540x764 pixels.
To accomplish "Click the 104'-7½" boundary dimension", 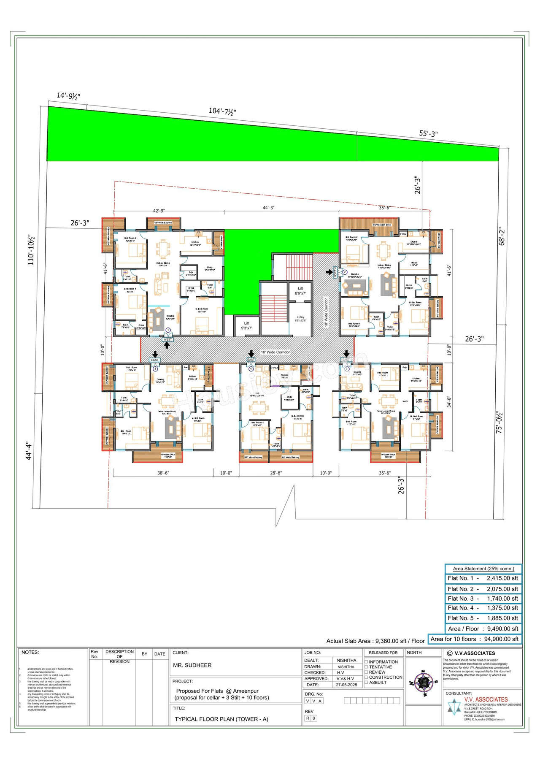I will pyautogui.click(x=222, y=111).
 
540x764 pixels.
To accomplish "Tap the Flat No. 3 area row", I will pyautogui.click(x=483, y=599).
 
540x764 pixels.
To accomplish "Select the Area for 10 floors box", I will pyautogui.click(x=475, y=639).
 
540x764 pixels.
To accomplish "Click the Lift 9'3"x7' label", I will pyautogui.click(x=246, y=325).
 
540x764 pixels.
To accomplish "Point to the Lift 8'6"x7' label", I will pyautogui.click(x=300, y=291).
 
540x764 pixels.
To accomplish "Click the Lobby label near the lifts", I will pyautogui.click(x=300, y=319).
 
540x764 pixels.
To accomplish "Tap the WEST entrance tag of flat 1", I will pyautogui.click(x=167, y=339).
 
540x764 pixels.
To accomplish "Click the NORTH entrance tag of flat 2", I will pyautogui.click(x=335, y=272).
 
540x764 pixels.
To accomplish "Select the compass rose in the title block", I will pyautogui.click(x=424, y=681).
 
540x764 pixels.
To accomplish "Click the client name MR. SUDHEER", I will pyautogui.click(x=192, y=665).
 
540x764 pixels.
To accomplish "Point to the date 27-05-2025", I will pyautogui.click(x=346, y=685).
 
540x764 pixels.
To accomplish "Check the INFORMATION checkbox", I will pyautogui.click(x=367, y=662).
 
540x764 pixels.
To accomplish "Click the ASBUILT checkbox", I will pyautogui.click(x=367, y=682).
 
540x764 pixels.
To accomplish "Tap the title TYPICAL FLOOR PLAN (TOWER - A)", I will pyautogui.click(x=221, y=719).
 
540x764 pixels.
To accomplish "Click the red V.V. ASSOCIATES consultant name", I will pyautogui.click(x=486, y=699).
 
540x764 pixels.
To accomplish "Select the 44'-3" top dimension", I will pyautogui.click(x=268, y=208).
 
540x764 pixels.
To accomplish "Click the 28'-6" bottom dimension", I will pyautogui.click(x=276, y=473).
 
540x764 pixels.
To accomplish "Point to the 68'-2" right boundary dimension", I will pyautogui.click(x=502, y=237).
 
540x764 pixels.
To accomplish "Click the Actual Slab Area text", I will pyautogui.click(x=375, y=641).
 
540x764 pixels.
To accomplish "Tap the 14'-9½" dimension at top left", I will pyautogui.click(x=68, y=96).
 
